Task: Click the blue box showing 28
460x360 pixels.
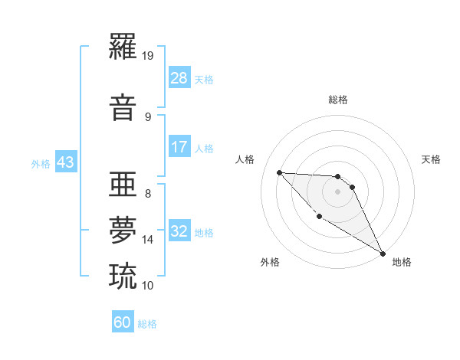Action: coord(179,79)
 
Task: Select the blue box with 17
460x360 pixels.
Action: coord(179,147)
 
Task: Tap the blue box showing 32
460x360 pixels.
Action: coord(179,231)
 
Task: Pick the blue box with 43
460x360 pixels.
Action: coord(64,163)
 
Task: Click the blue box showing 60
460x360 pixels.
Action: coord(123,322)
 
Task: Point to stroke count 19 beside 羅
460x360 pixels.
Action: coord(148,55)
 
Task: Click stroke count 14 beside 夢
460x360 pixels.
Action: coord(148,240)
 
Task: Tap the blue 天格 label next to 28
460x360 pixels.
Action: coord(204,80)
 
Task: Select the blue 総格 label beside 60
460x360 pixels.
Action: coord(147,324)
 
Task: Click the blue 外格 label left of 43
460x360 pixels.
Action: coord(41,164)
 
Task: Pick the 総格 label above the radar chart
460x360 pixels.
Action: coord(337,100)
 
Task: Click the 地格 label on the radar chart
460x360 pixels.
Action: coord(402,262)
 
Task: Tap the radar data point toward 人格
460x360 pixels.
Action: coord(279,172)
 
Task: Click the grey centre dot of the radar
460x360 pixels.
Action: coord(337,191)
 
